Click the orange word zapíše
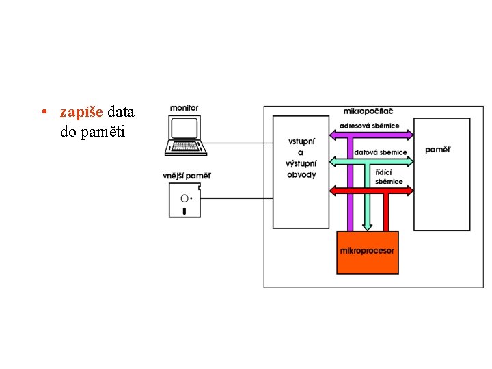click(81, 112)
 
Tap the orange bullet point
click(44, 111)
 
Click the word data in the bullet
click(121, 112)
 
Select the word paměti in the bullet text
click(102, 131)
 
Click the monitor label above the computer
click(184, 108)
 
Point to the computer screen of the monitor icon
click(184, 128)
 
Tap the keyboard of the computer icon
click(186, 146)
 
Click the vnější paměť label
click(187, 176)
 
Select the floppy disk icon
click(184, 200)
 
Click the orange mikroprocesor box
click(368, 253)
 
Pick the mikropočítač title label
click(368, 111)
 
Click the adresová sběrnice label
click(369, 126)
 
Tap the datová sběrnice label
click(381, 152)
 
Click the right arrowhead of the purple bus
click(410, 135)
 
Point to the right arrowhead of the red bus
click(410, 191)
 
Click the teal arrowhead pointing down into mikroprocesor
click(367, 227)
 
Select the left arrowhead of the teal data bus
click(333, 162)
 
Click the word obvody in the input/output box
click(301, 175)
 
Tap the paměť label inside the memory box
click(438, 150)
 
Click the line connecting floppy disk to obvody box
click(236, 198)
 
